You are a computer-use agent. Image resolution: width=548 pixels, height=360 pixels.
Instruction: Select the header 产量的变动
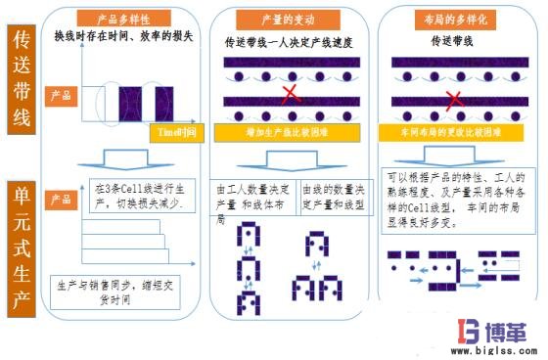point(284,19)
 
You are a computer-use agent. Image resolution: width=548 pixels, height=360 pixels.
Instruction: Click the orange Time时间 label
point(180,130)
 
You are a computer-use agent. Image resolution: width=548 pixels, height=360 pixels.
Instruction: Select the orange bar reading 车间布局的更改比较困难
point(451,130)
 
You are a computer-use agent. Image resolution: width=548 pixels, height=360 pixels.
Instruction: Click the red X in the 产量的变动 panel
point(290,94)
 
